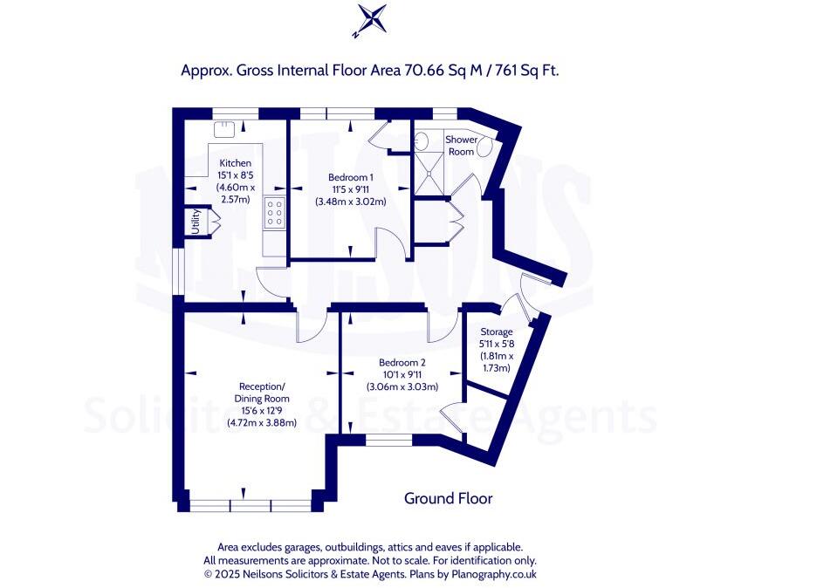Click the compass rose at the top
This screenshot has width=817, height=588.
click(369, 21)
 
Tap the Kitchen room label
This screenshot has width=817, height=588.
click(235, 163)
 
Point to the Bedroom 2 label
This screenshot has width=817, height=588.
click(402, 363)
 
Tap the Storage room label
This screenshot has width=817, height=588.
click(497, 332)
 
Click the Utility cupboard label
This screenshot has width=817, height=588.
click(196, 222)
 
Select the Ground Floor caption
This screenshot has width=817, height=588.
click(448, 499)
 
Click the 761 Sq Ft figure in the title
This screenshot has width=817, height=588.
click(526, 70)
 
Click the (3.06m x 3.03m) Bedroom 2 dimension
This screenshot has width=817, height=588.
click(402, 386)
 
